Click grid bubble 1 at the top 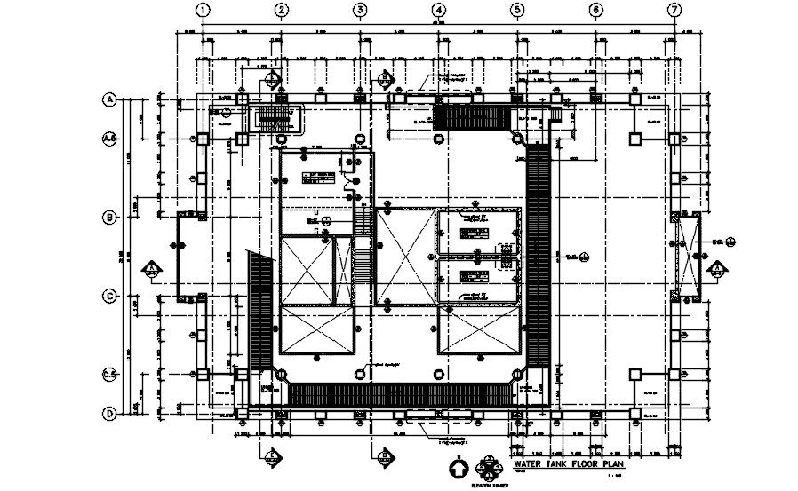[x=203, y=10]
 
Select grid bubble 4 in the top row [x=439, y=10]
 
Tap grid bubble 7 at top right [x=674, y=10]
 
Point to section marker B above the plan [x=386, y=78]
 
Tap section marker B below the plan [x=386, y=455]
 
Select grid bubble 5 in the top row [x=517, y=10]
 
